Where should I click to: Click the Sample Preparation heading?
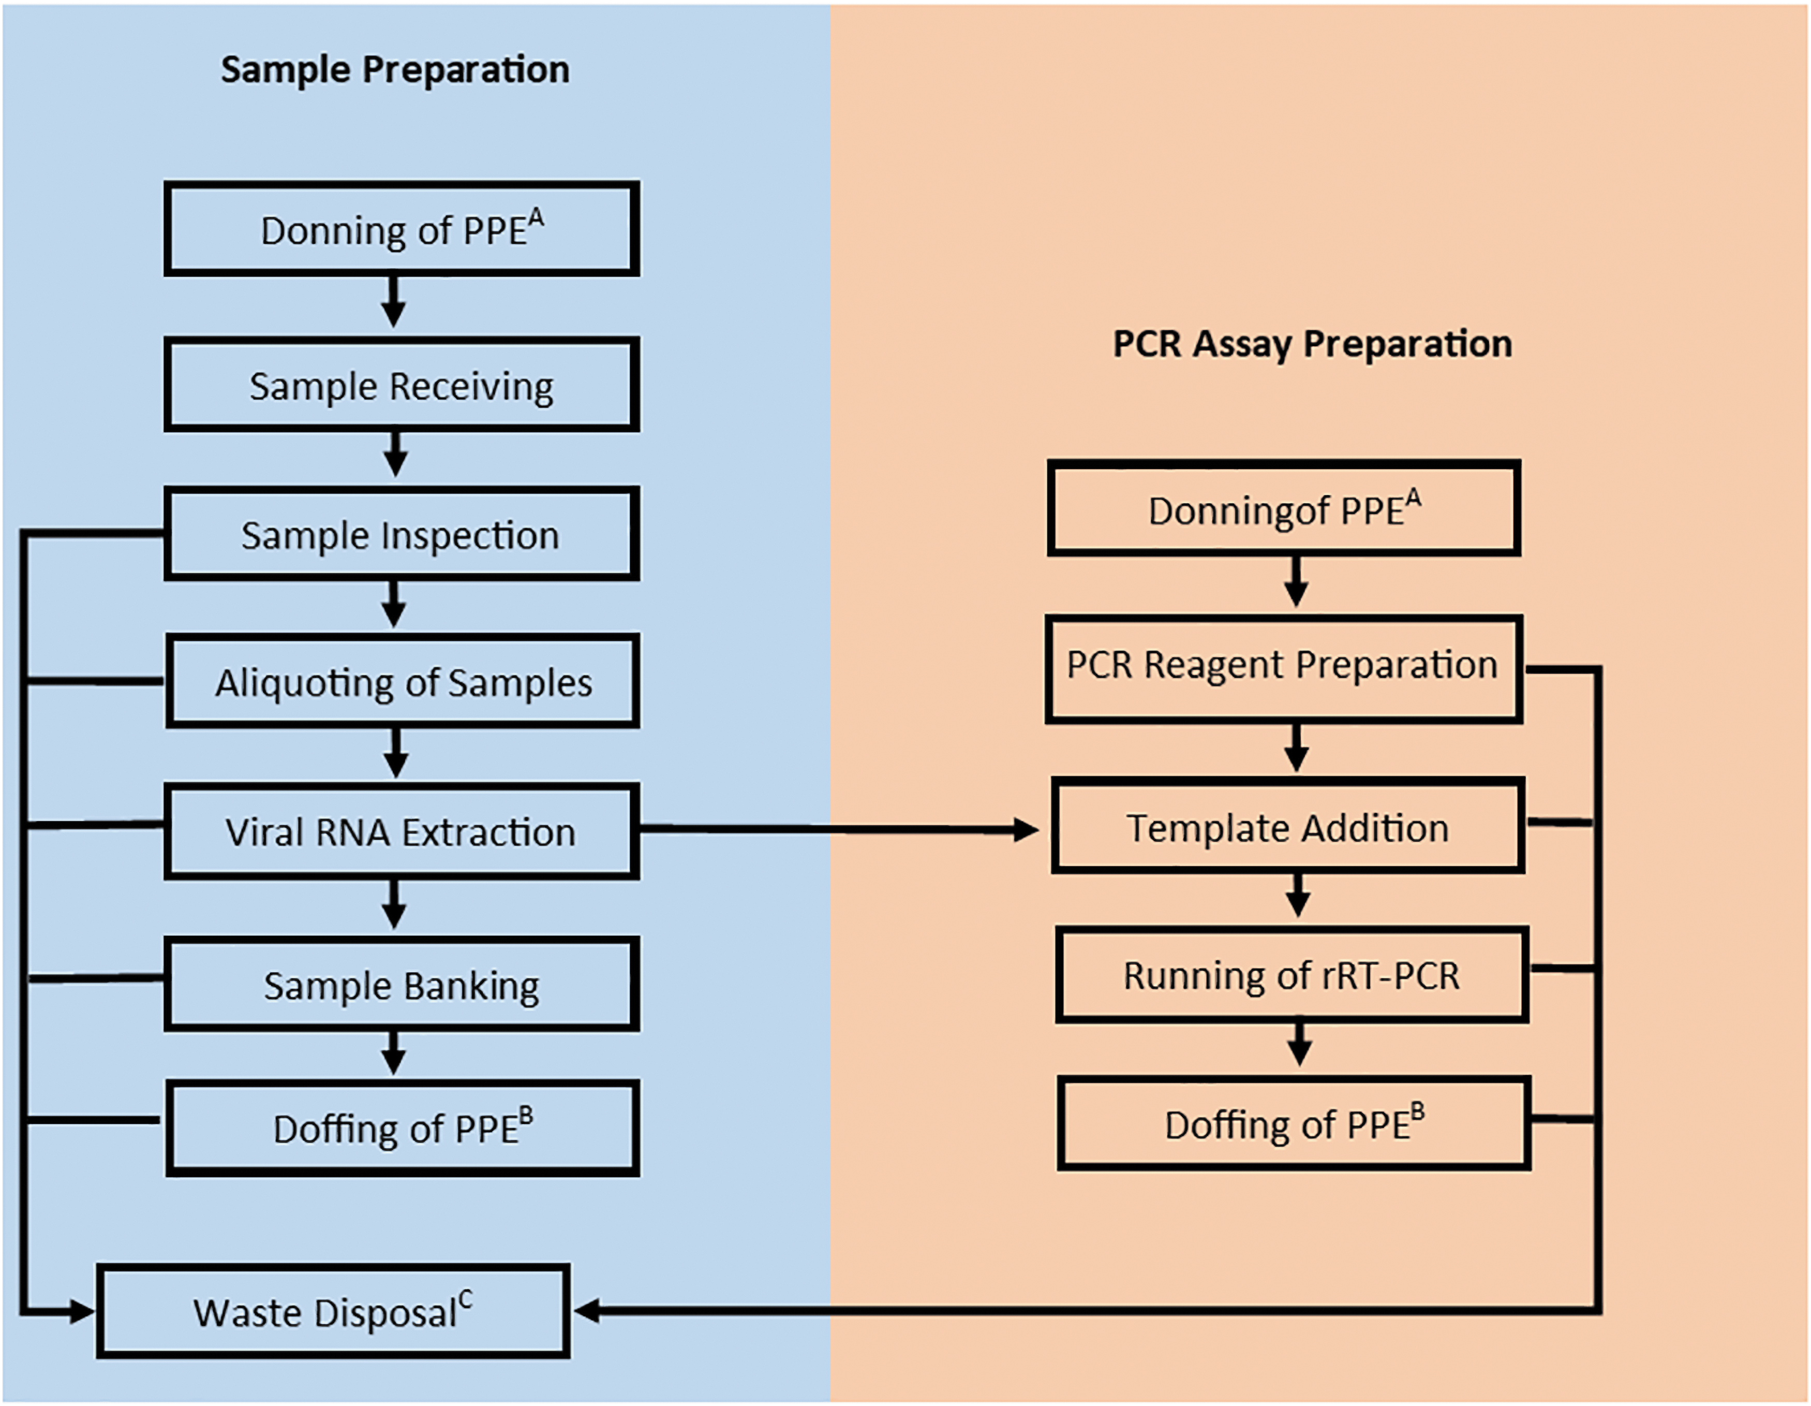tap(395, 70)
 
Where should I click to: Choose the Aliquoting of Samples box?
tap(403, 681)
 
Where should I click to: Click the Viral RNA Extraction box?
tap(402, 831)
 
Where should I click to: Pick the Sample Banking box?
tap(402, 985)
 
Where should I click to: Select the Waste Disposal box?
tap(333, 1311)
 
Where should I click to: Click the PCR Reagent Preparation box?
tap(1284, 669)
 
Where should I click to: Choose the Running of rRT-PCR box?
tap(1292, 975)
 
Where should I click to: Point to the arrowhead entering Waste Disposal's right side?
tap(587, 1311)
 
